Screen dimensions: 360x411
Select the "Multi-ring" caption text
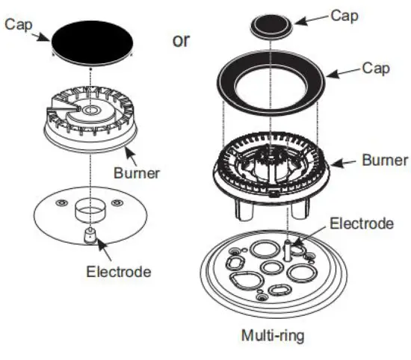click(273, 335)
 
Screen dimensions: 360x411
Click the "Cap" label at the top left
click(17, 24)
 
